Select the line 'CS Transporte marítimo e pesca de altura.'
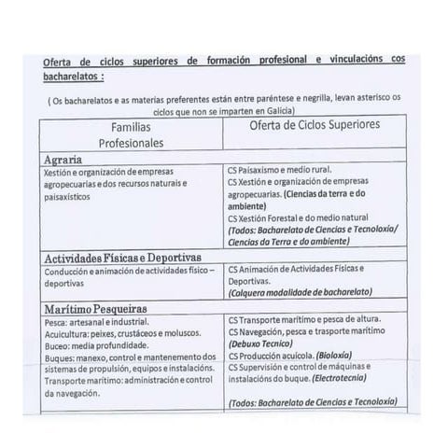310,321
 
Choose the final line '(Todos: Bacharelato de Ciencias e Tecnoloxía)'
311,402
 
